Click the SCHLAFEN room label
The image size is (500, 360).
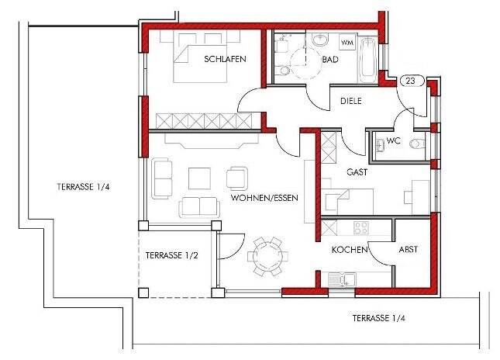tap(225, 59)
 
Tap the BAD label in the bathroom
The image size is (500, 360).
tap(330, 60)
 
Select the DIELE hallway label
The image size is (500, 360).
tap(351, 101)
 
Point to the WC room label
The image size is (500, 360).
tap(393, 140)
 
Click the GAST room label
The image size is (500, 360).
tap(357, 172)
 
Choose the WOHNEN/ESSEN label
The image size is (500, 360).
tap(264, 198)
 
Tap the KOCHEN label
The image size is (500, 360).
tap(350, 250)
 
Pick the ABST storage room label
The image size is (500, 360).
tap(409, 249)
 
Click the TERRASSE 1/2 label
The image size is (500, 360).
tap(172, 255)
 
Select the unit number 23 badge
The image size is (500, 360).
tap(412, 81)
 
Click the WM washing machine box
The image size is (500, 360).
tap(347, 42)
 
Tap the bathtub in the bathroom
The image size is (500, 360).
tap(368, 61)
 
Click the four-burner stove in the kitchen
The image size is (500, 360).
tap(361, 228)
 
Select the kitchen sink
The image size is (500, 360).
tap(342, 279)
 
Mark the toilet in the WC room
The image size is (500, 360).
tap(418, 144)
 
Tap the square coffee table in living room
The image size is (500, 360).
tap(199, 178)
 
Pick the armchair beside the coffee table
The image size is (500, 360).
tap(237, 178)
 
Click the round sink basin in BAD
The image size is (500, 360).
tap(320, 40)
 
